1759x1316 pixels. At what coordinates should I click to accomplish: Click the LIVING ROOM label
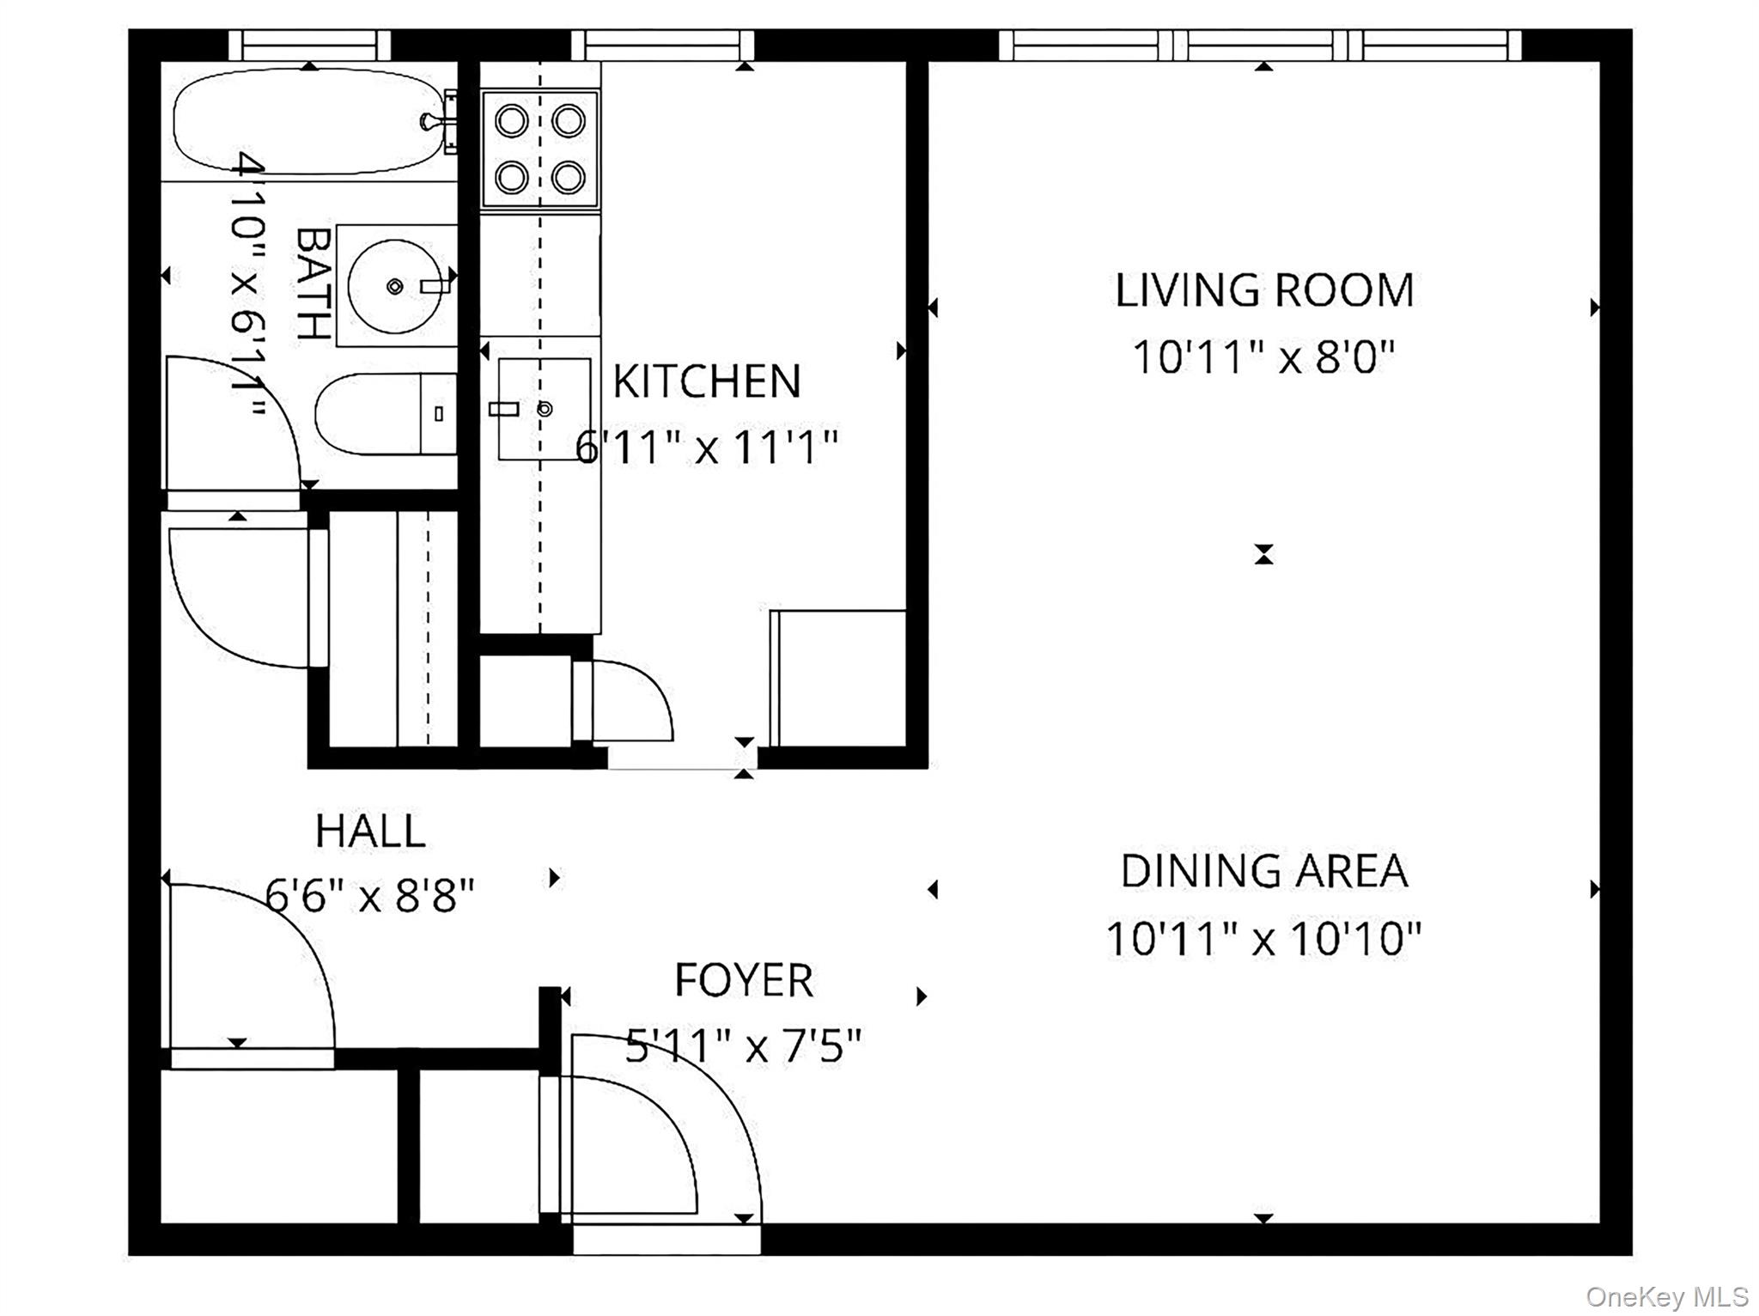pos(1263,290)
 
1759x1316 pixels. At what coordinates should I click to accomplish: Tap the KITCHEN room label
pos(706,381)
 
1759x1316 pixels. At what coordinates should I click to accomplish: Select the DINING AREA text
pos(1263,871)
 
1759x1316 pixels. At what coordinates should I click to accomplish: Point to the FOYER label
pos(744,980)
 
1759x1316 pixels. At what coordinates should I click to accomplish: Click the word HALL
pos(370,831)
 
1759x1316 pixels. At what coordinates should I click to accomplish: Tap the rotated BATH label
pos(313,284)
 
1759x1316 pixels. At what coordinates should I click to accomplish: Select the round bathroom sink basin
pos(394,286)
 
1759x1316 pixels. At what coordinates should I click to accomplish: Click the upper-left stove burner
pos(512,121)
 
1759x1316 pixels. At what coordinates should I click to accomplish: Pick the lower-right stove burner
pos(569,178)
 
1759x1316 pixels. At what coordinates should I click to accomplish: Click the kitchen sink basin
pos(545,409)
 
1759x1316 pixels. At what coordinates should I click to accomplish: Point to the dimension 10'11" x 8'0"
pos(1263,356)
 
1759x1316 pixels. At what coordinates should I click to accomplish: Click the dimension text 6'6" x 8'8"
pos(370,897)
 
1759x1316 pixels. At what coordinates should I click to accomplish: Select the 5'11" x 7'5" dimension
pos(744,1046)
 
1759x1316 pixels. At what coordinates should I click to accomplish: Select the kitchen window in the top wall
pos(662,45)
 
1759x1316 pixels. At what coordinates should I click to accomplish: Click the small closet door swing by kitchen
pos(631,700)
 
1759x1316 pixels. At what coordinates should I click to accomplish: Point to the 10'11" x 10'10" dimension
pos(1263,938)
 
